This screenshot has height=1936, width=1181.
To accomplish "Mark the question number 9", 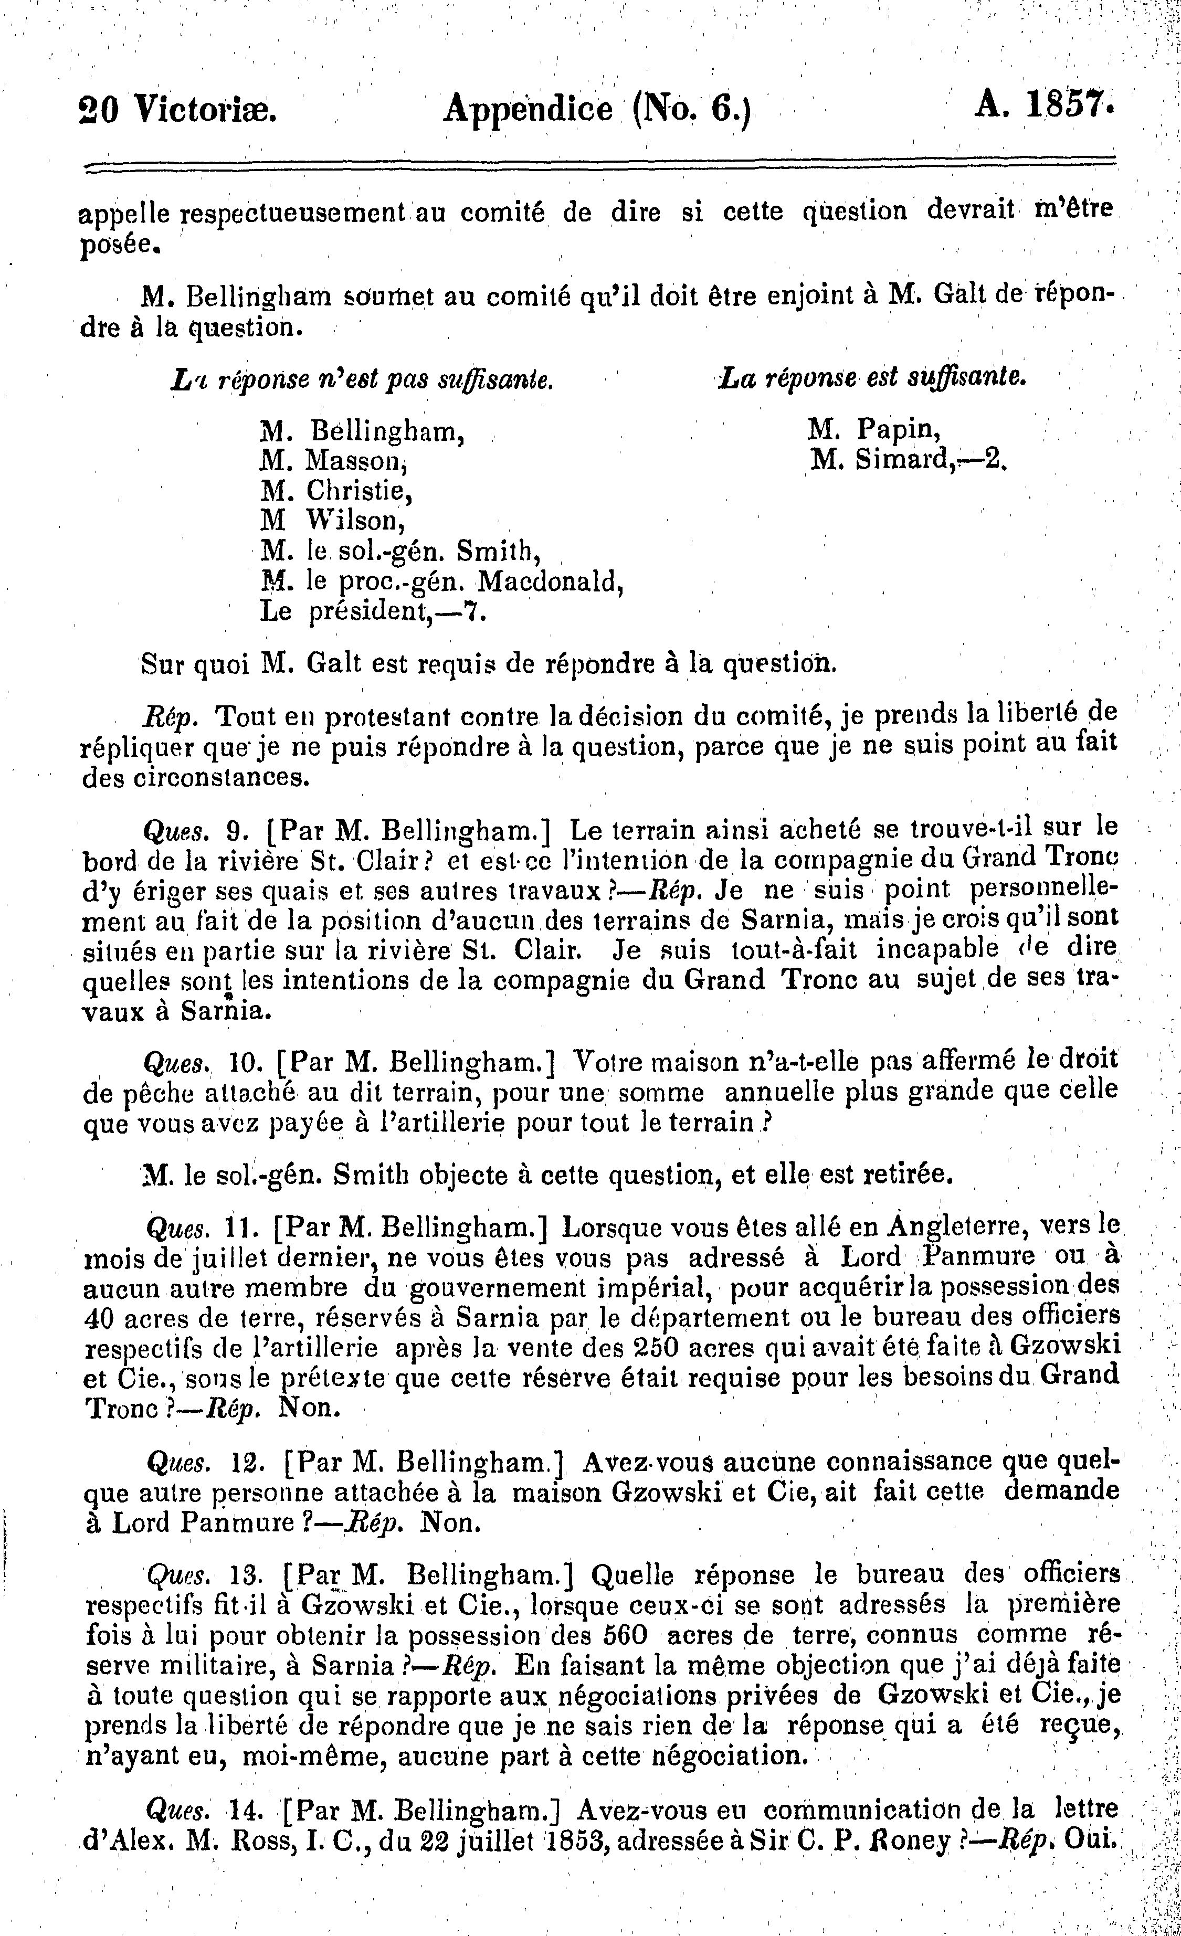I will (232, 830).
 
